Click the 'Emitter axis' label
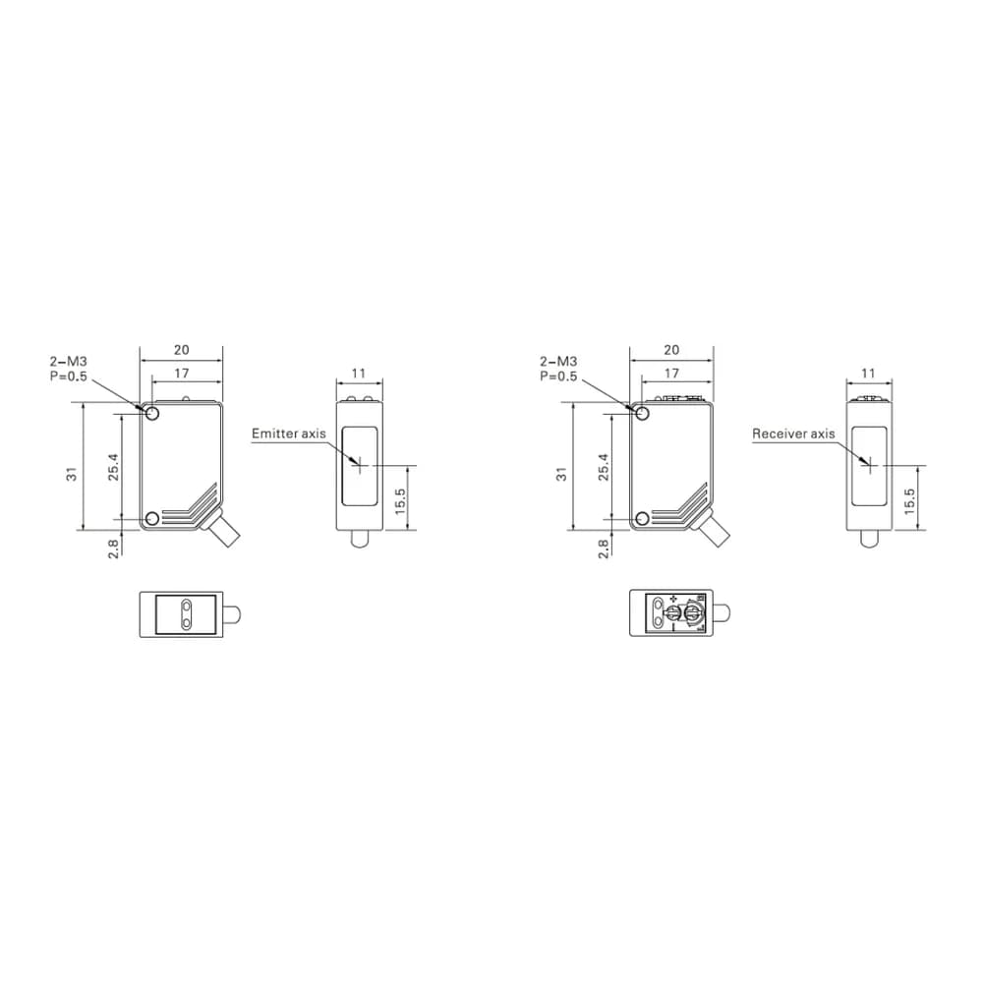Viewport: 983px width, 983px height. (288, 434)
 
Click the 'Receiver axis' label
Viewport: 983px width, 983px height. (793, 434)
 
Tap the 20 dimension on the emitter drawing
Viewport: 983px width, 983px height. (181, 350)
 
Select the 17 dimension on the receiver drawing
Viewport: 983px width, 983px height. (671, 373)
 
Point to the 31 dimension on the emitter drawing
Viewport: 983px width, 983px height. (73, 474)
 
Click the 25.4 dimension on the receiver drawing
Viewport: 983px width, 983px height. (604, 467)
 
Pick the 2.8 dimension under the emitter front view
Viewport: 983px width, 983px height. (113, 549)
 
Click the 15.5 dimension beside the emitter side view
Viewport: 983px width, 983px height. (400, 501)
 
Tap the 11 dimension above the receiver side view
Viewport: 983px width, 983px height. (868, 373)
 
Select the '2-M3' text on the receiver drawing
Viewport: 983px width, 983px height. (558, 361)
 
